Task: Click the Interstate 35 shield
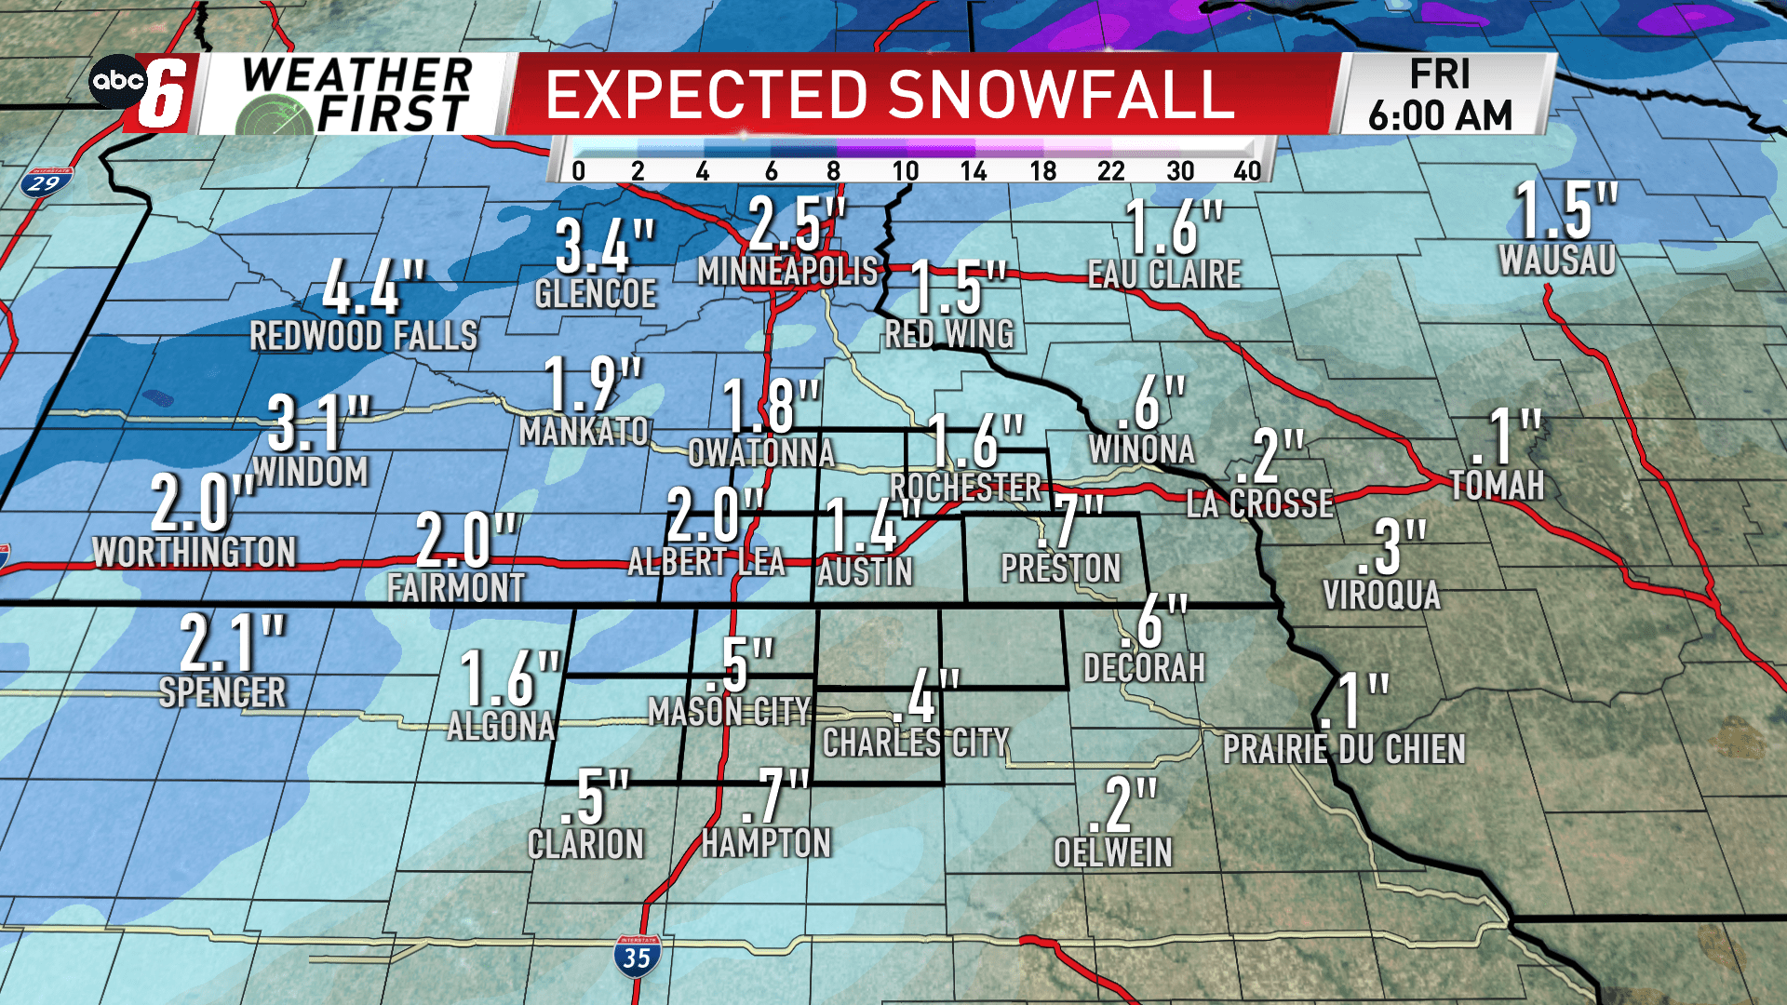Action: click(637, 956)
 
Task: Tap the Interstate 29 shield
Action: click(45, 181)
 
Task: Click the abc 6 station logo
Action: click(144, 92)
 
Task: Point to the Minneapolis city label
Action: click(787, 272)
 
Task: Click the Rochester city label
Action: click(965, 487)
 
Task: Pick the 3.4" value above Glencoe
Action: click(605, 247)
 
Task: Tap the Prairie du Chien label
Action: click(1344, 749)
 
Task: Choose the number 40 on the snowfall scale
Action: click(1247, 171)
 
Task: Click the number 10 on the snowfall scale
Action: click(905, 171)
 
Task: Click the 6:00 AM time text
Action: click(1440, 116)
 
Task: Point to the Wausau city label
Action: click(1557, 261)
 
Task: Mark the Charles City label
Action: click(916, 743)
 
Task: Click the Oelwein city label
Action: click(1112, 852)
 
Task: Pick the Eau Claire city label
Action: click(1164, 275)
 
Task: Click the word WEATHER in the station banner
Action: click(357, 74)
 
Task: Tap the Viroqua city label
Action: click(1381, 595)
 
